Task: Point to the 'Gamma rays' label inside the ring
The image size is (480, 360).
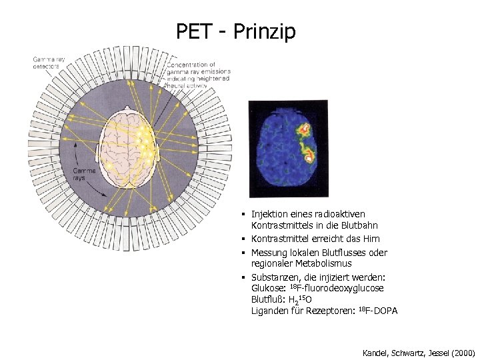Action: point(83,175)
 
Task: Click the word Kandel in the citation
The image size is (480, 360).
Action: point(375,351)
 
